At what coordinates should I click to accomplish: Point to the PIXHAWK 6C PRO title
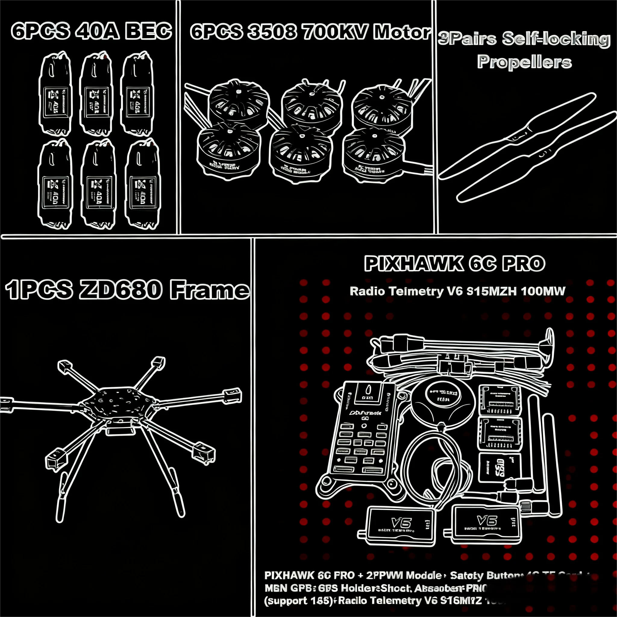tap(454, 264)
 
